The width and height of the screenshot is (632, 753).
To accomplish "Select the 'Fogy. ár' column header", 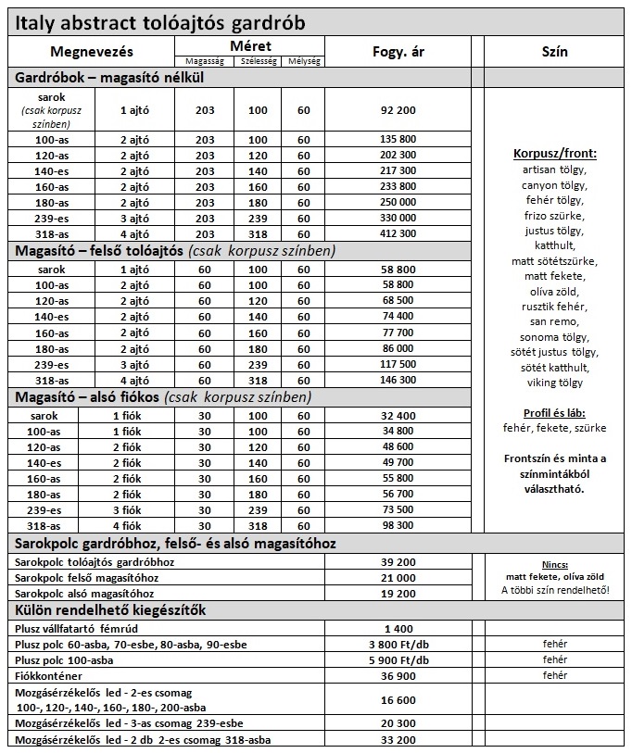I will (x=398, y=53).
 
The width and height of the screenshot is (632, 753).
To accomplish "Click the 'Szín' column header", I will (x=553, y=53).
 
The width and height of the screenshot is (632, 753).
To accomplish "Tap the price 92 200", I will (x=398, y=110).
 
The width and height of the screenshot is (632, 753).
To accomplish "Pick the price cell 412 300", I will (x=398, y=234).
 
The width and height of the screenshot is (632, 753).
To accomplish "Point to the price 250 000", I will (x=398, y=203).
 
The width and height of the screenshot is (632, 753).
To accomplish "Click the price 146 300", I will (x=398, y=380).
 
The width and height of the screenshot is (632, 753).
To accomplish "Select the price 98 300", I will (x=398, y=524).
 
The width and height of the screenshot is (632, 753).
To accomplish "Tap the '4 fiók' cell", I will (x=126, y=524).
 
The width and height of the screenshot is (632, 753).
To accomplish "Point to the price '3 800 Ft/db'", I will (x=398, y=644).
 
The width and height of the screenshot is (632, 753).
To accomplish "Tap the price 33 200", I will (x=398, y=739).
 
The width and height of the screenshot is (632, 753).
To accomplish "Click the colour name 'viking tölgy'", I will (x=554, y=383).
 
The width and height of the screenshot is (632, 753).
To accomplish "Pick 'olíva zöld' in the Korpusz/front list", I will (x=554, y=291).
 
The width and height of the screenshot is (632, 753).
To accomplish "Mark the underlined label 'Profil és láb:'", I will (x=554, y=412).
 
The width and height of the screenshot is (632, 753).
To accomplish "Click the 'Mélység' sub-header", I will (x=304, y=61).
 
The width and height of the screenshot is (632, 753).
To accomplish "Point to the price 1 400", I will (x=398, y=628).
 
